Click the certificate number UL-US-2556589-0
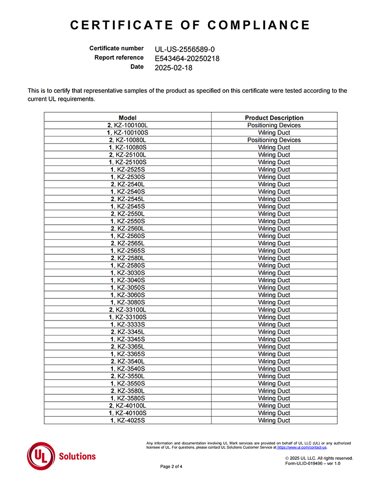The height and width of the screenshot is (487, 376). point(185,49)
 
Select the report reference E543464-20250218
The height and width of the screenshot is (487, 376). point(187,58)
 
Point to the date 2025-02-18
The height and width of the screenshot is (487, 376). point(173,67)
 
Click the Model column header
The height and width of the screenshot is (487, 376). point(127,118)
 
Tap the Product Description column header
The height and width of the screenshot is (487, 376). point(274,118)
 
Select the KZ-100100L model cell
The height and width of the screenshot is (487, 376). point(127,125)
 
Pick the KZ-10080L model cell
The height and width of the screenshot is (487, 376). point(127,140)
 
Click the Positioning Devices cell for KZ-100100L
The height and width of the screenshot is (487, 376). point(274,125)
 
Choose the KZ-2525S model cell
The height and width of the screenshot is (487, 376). point(127,170)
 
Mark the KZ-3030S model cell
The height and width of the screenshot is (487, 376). point(127,273)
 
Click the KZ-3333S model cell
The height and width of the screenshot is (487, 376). point(127,324)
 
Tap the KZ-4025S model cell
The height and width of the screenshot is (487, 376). point(127,420)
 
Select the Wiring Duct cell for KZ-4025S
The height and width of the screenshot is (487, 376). point(274,420)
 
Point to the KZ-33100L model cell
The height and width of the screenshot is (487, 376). point(127,310)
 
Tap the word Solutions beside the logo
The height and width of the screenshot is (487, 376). point(77,456)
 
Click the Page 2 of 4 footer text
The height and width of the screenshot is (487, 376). point(171,466)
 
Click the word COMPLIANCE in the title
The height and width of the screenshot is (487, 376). point(259,25)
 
